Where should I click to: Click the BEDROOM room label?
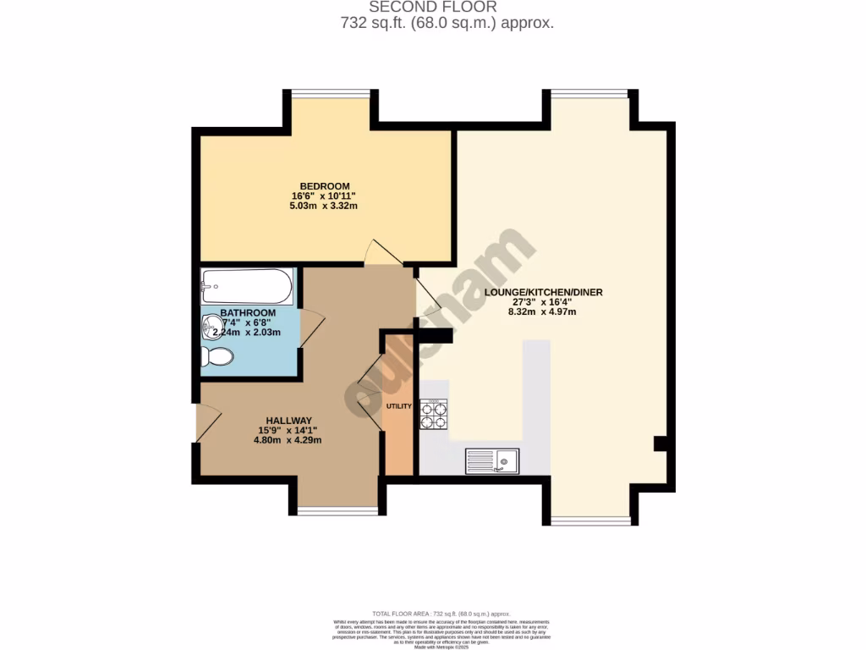coord(325,186)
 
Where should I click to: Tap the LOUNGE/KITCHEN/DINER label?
coord(543,293)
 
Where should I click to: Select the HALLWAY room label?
coord(289,421)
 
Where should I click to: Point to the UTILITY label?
coord(398,406)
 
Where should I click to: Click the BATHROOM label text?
coord(248,313)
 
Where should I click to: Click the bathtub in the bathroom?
coord(247,287)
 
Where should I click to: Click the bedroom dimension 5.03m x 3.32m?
coord(324,207)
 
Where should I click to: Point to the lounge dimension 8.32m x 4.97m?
coord(543,311)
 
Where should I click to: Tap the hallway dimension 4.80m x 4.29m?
coord(289,440)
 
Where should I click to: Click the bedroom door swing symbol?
coord(378,251)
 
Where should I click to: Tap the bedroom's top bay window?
coord(330,91)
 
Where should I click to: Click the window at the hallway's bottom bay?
coord(337,510)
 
